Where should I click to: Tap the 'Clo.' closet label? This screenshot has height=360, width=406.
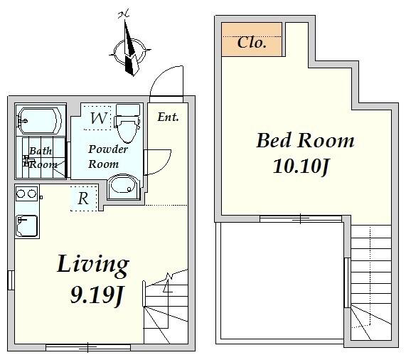pos(252,43)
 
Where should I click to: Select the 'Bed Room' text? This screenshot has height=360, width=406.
pos(305,140)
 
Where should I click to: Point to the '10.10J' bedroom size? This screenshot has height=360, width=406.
pos(301,166)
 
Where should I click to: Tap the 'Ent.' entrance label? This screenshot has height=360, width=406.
pos(168,117)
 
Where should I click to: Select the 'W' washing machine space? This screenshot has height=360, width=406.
pos(97,117)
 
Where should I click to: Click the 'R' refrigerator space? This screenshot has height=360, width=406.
pos(84,198)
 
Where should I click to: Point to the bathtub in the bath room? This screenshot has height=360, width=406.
pos(39,120)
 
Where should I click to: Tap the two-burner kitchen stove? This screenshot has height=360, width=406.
pos(27,194)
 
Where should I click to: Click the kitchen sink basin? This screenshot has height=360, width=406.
pos(27,226)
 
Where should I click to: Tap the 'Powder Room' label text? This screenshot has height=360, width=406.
pos(107,157)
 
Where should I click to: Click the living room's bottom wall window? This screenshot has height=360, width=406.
pos(88,347)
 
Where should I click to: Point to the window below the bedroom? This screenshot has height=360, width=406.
pos(301,219)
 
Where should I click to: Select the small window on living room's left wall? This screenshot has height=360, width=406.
pos(11,280)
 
